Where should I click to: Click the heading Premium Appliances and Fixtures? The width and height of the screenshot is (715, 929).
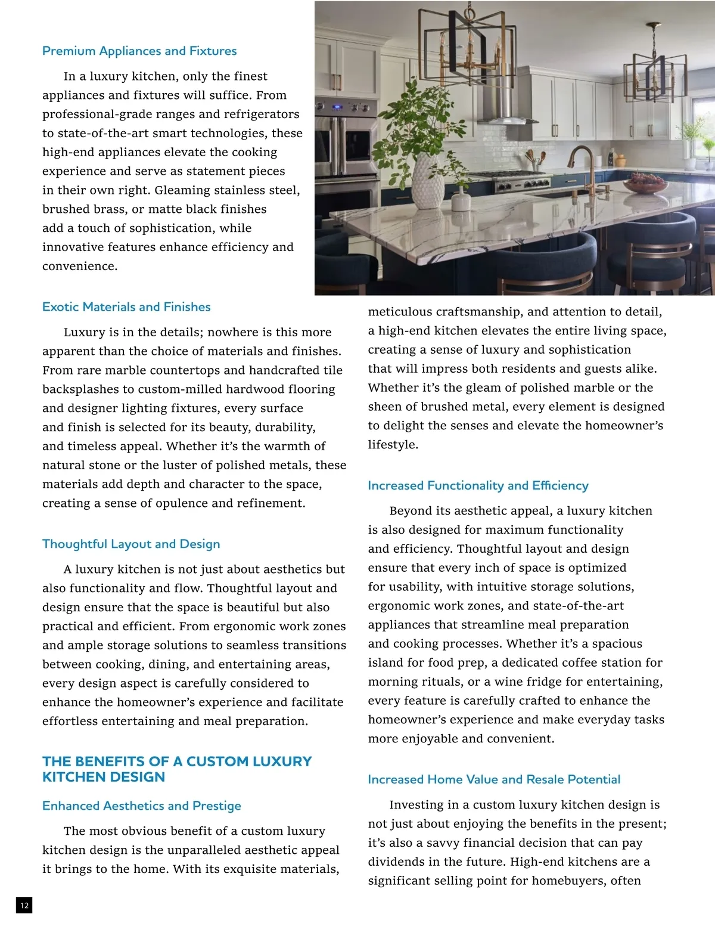(x=139, y=51)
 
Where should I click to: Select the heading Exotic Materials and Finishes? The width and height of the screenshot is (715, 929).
(x=126, y=307)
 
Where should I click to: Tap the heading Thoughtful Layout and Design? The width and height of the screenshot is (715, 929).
(x=131, y=544)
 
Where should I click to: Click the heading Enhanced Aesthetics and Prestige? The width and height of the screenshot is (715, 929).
(x=142, y=806)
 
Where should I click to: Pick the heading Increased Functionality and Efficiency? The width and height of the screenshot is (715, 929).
(x=478, y=486)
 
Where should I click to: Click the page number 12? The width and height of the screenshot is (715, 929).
(x=24, y=906)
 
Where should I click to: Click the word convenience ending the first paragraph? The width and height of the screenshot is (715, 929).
(x=79, y=267)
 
